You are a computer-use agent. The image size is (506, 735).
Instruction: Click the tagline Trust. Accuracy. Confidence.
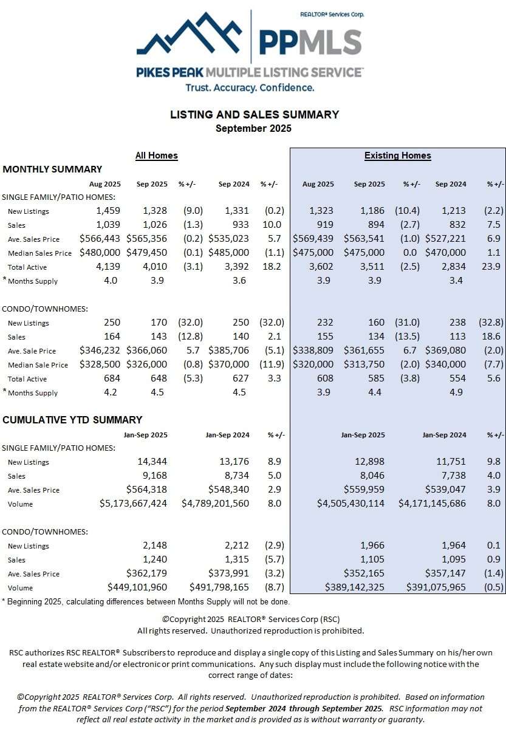[250, 87]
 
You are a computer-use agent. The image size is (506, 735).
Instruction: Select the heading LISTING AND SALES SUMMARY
[254, 115]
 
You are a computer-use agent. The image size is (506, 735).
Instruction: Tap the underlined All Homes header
[156, 156]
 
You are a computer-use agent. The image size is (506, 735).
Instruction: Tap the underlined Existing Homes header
[397, 156]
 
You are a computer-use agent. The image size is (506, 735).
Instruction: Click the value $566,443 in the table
[100, 239]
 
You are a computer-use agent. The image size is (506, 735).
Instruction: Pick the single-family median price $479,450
[147, 253]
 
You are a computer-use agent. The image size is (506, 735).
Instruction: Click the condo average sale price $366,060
[147, 350]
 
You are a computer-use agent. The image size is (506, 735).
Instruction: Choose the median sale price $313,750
[364, 364]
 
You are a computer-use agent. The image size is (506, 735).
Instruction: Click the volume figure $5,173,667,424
[133, 504]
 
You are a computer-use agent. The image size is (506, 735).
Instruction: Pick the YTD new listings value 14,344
[152, 462]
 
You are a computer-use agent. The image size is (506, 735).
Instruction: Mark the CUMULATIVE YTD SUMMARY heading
[72, 420]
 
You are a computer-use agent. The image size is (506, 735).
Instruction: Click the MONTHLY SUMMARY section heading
[52, 169]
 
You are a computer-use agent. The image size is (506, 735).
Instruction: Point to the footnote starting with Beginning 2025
[146, 602]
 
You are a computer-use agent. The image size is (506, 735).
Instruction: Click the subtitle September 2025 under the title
[253, 128]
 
